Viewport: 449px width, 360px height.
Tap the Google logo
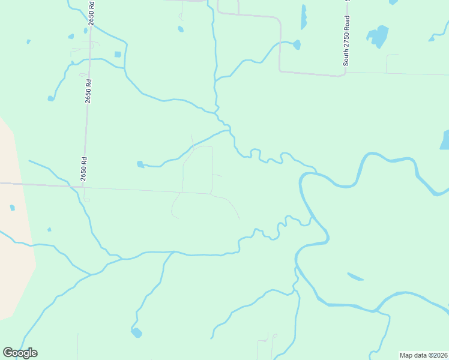[20, 353]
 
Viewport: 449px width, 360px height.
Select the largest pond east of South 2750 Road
[378, 36]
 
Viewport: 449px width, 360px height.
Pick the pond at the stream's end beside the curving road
[297, 44]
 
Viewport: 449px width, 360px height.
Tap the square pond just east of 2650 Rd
[118, 55]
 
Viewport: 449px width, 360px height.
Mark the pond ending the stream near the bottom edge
[137, 332]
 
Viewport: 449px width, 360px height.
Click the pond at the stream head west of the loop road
[140, 164]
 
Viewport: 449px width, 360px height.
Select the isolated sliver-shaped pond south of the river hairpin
[355, 277]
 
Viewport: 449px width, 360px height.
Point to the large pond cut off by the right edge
[445, 140]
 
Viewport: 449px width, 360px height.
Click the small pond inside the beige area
[12, 208]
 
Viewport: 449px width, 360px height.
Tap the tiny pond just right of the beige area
[49, 229]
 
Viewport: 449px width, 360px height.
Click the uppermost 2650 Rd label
[91, 13]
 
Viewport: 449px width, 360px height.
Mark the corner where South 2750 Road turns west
[345, 74]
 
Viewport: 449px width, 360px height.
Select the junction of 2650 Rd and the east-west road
[82, 187]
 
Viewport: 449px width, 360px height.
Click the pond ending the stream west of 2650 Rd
[51, 98]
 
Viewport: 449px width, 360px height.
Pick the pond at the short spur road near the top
[181, 29]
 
